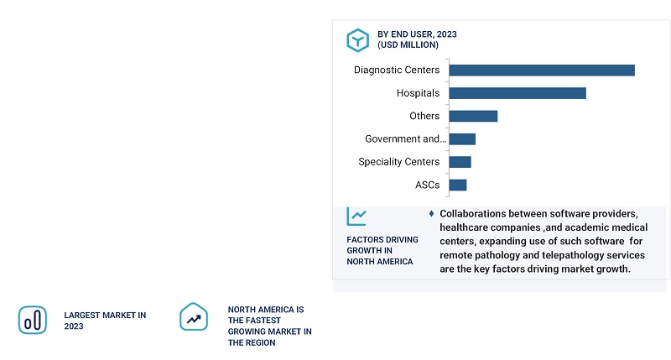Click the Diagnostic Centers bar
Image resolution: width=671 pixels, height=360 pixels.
coord(542,70)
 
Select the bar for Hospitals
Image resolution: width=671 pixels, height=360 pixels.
coord(518,92)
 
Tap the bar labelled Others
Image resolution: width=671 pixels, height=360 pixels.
coord(474,116)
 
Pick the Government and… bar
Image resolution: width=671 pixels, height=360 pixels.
coord(463,138)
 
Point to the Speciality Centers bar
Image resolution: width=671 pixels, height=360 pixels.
coord(460,162)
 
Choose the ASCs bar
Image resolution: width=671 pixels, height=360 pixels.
coord(458,185)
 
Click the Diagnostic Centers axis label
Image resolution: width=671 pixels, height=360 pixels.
coord(397,70)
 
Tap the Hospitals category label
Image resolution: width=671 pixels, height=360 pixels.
coord(418,92)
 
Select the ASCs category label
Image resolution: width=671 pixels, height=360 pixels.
coord(427,185)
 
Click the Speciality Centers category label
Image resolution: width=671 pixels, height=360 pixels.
coord(398,162)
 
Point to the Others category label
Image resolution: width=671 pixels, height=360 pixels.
coord(424,116)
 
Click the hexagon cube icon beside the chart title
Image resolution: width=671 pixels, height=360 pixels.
coord(358,39)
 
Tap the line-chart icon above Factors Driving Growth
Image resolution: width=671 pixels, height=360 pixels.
coord(356,217)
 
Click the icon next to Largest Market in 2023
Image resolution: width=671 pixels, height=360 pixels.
coord(33,320)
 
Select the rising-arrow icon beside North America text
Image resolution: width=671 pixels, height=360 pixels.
coord(194,318)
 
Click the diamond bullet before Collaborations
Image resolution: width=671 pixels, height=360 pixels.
coord(431,213)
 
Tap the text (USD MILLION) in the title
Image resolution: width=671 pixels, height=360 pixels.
coord(408,45)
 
